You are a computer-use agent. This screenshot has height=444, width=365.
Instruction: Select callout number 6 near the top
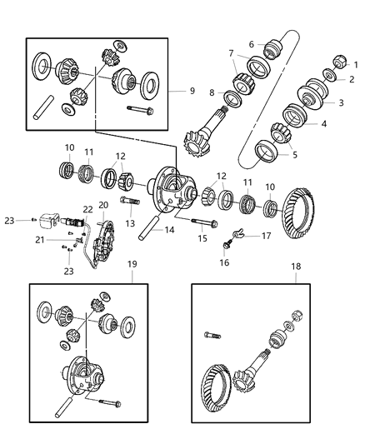click(251, 44)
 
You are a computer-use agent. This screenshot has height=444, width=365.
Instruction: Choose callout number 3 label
click(340, 102)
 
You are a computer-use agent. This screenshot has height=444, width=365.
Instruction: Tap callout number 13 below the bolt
click(129, 223)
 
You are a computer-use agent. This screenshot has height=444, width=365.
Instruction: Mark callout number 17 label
click(266, 236)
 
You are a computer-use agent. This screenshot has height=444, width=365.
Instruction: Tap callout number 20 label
click(104, 205)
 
